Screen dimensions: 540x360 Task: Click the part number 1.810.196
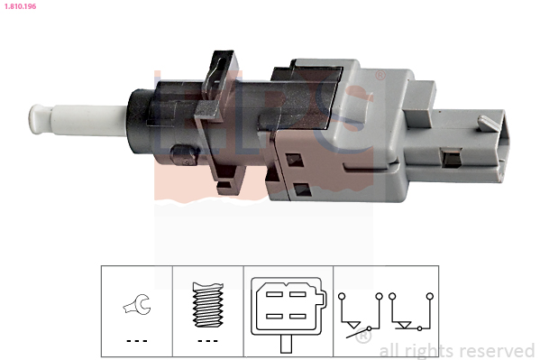(20, 6)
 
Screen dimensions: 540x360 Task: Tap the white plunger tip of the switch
(41, 119)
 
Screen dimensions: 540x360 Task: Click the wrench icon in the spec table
(137, 304)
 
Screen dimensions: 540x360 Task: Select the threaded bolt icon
(207, 305)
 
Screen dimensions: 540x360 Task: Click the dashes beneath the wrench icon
(137, 341)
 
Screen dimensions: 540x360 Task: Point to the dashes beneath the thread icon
(207, 341)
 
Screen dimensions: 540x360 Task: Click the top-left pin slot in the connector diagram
(274, 294)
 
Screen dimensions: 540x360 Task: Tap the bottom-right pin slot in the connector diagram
(297, 316)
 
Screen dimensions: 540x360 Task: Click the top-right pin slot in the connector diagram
(297, 294)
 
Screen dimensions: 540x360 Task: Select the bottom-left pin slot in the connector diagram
(274, 316)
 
